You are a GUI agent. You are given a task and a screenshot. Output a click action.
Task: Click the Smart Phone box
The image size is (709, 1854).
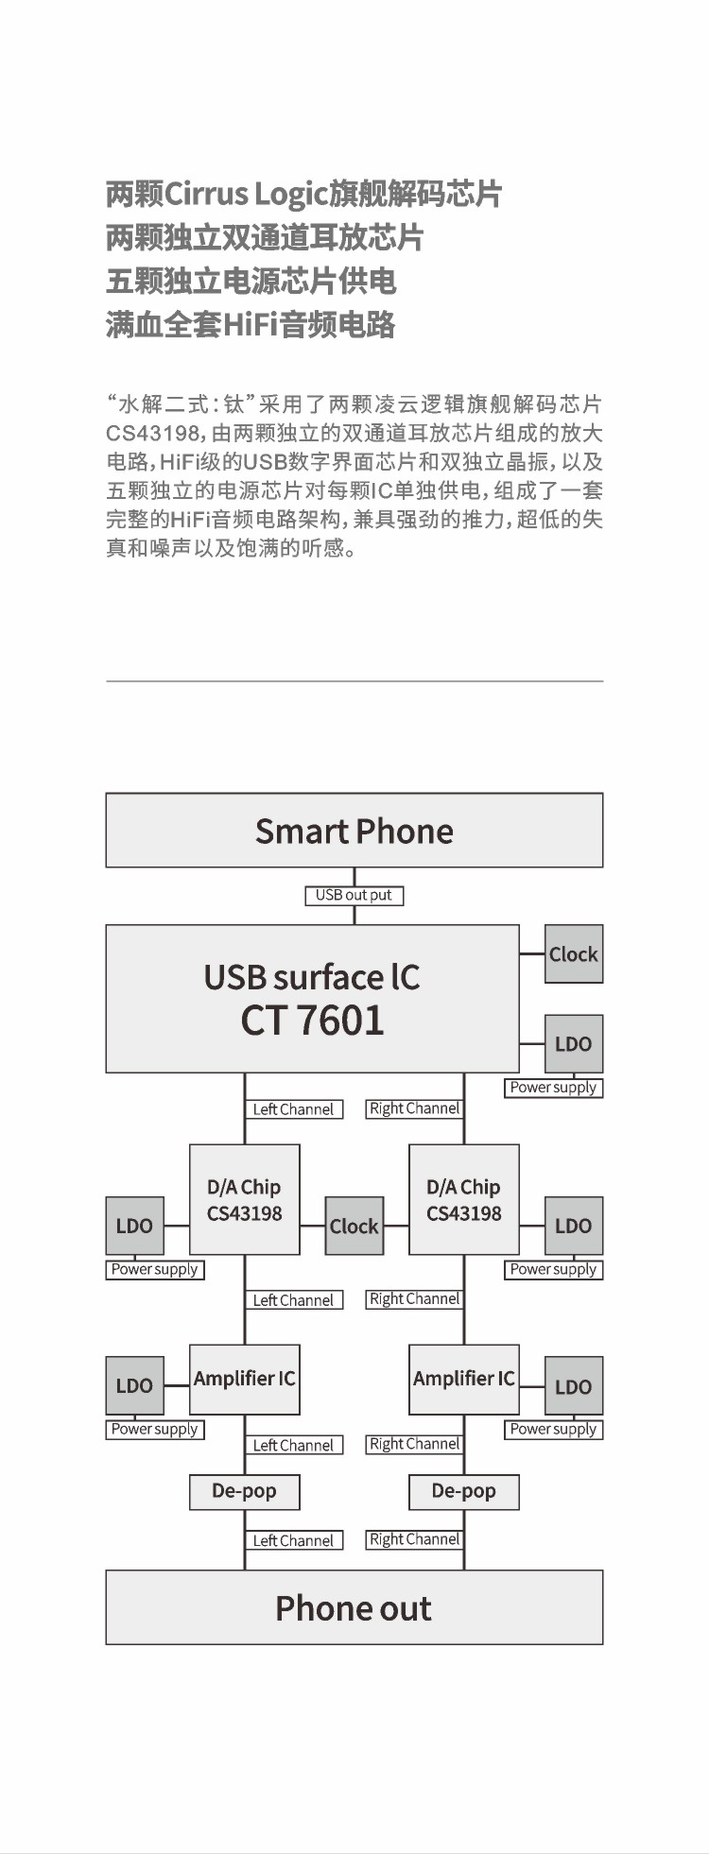coord(354,830)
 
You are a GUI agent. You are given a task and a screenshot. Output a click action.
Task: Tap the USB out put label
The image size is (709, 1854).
coord(354,895)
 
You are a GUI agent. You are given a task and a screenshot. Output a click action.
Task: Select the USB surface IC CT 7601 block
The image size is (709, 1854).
coord(312,998)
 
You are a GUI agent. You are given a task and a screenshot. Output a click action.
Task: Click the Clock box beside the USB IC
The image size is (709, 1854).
coord(574,953)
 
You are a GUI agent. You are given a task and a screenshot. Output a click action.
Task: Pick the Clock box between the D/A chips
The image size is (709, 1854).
coord(354,1226)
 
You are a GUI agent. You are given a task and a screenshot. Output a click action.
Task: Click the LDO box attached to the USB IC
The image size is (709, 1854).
coord(574,1044)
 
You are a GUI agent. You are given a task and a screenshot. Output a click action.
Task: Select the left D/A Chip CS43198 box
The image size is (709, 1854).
coord(245,1200)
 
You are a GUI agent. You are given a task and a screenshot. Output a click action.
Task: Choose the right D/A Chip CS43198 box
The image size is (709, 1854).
coord(464,1200)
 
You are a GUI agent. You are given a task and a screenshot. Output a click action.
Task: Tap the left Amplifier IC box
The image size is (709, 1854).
coord(245,1380)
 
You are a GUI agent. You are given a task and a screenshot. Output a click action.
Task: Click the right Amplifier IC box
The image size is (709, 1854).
coord(464,1380)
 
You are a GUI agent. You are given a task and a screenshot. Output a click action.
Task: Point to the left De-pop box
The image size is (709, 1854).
coord(245,1491)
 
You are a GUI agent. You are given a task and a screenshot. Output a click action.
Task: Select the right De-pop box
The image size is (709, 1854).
coord(464,1491)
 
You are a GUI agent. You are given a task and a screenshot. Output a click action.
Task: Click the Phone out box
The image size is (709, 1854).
coord(354,1607)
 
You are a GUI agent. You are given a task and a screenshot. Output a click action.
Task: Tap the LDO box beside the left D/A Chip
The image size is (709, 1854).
coord(134,1226)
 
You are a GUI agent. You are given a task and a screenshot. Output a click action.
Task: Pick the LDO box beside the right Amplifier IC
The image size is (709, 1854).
coord(574,1386)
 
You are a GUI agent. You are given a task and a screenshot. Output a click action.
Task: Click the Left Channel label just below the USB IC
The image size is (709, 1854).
coord(293,1109)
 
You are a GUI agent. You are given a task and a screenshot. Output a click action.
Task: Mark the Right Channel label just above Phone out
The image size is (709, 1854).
coord(415,1539)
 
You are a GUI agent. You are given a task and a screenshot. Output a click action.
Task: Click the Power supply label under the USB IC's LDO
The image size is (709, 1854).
coord(553,1088)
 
